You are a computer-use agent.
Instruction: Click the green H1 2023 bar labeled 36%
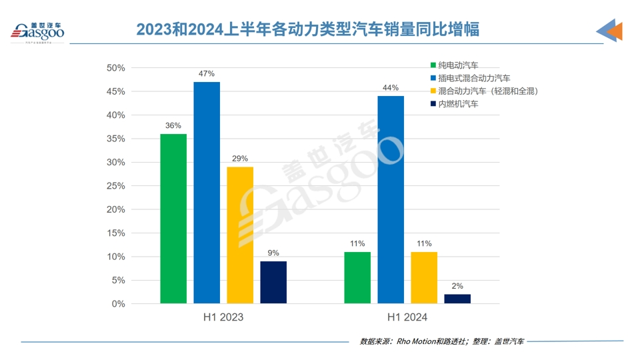tap(173, 219)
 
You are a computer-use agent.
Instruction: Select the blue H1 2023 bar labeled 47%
tap(207, 193)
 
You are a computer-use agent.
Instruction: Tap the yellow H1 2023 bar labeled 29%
tap(240, 235)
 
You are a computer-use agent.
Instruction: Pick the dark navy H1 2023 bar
tap(273, 282)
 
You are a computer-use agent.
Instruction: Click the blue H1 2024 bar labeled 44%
tap(391, 200)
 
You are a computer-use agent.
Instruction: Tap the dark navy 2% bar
tap(457, 299)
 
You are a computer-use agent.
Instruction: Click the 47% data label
tap(207, 74)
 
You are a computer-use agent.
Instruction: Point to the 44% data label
tap(391, 88)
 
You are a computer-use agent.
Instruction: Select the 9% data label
tap(273, 253)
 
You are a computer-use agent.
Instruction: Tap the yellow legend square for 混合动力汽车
tap(433, 91)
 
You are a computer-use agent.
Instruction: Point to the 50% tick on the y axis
tap(116, 68)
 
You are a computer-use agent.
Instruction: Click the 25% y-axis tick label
tap(116, 186)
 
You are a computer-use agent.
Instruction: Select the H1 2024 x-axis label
tap(407, 317)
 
